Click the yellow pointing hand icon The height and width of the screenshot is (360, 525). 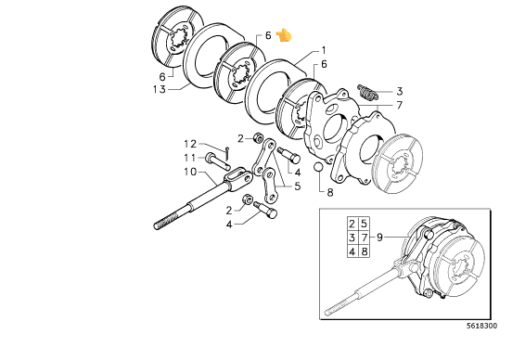pyautogui.click(x=284, y=35)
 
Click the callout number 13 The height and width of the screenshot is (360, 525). pyautogui.click(x=160, y=89)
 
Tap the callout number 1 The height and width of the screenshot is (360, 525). pyautogui.click(x=324, y=51)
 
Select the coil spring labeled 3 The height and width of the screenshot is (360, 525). pyautogui.click(x=367, y=92)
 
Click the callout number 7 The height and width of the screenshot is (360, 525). pyautogui.click(x=399, y=106)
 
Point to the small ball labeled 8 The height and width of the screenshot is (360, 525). pyautogui.click(x=318, y=167)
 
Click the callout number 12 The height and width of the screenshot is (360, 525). pyautogui.click(x=190, y=144)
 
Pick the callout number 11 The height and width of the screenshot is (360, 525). pyautogui.click(x=189, y=158)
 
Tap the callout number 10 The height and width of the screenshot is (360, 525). pyautogui.click(x=190, y=172)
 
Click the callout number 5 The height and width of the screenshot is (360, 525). pyautogui.click(x=298, y=186)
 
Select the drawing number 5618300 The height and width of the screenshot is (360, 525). pyautogui.click(x=482, y=326)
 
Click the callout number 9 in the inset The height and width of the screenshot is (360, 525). pyautogui.click(x=379, y=238)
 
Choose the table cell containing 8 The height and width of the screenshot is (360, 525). pyautogui.click(x=365, y=251)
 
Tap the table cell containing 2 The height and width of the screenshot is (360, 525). pyautogui.click(x=352, y=224)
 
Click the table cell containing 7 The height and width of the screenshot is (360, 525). pyautogui.click(x=365, y=238)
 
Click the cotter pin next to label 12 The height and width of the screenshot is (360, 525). pyautogui.click(x=227, y=153)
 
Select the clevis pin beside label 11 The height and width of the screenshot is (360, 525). pyautogui.click(x=218, y=161)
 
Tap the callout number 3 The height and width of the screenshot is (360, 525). pyautogui.click(x=399, y=91)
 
